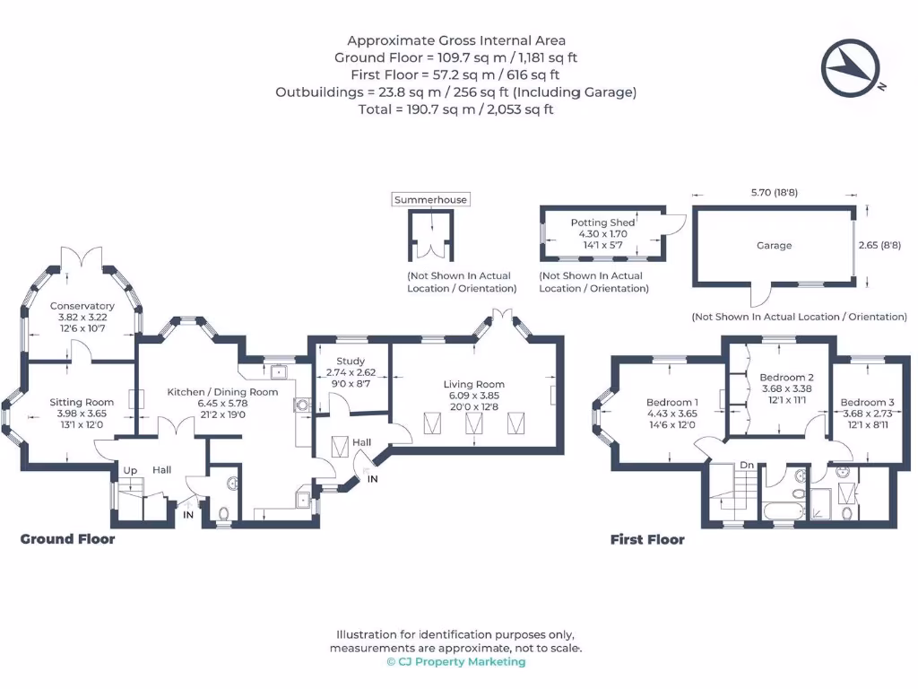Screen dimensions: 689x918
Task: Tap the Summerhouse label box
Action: click(x=431, y=199)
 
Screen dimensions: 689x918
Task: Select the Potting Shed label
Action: click(x=602, y=222)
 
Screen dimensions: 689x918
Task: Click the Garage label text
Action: click(x=774, y=245)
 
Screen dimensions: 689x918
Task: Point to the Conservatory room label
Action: click(x=82, y=306)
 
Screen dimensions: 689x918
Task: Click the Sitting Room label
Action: click(x=82, y=402)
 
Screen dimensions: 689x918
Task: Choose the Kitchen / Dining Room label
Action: click(x=222, y=392)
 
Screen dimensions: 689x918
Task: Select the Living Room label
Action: click(x=471, y=384)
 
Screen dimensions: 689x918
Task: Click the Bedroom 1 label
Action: click(x=672, y=402)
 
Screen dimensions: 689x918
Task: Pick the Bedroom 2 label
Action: click(x=786, y=378)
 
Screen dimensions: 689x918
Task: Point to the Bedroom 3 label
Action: click(x=867, y=402)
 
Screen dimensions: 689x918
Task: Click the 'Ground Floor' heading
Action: click(x=68, y=539)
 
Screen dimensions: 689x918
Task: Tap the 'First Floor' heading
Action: click(x=647, y=539)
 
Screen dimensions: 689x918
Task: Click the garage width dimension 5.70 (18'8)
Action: click(x=774, y=192)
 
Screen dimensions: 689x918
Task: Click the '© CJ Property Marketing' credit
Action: click(x=456, y=662)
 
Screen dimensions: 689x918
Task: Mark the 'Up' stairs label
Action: click(x=130, y=470)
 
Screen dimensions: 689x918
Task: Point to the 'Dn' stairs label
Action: click(x=747, y=465)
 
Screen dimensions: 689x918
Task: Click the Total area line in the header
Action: click(x=456, y=109)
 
